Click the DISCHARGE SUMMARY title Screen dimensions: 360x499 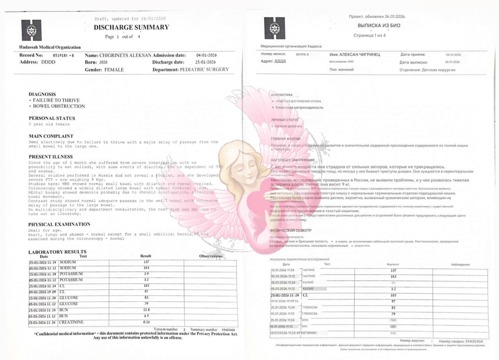coord(131,27)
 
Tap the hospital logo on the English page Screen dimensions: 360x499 coord(31,30)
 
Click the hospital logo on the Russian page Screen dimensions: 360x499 coord(274,28)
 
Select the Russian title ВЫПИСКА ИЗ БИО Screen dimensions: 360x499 coord(373,26)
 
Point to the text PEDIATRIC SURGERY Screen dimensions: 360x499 coord(204,70)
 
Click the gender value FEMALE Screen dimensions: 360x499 coord(114,70)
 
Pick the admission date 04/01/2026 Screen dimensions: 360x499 coord(206,55)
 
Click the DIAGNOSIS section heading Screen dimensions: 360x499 coord(42,94)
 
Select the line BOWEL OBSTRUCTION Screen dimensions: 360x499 coord(59,106)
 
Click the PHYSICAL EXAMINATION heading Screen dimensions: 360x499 coord(59,224)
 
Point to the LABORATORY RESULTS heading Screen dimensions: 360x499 coord(57,252)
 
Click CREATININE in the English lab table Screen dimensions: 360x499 coord(71,323)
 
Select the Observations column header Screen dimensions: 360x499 coord(211,256)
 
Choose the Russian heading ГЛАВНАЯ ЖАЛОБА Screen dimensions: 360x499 coord(285,138)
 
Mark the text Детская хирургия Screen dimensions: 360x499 coord(438,70)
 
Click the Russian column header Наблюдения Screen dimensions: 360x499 coord(460,264)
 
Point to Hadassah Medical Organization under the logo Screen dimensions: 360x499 coord(50,47)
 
